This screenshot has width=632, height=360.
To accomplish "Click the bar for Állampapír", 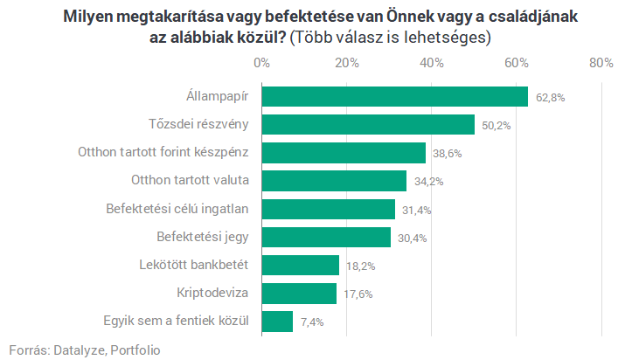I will (394, 96).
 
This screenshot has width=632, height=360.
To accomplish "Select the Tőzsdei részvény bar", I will (368, 124).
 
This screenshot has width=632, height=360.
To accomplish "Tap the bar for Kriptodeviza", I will (299, 293).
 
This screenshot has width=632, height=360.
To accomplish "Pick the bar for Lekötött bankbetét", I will (300, 265).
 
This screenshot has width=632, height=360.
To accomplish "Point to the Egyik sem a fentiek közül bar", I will (277, 322).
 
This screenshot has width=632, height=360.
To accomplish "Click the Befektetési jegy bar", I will (326, 237).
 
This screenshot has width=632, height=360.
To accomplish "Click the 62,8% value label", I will (551, 98).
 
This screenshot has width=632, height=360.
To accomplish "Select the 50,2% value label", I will (497, 126).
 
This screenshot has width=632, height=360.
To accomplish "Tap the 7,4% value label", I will (312, 322).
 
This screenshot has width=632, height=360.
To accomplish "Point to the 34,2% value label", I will (428, 182).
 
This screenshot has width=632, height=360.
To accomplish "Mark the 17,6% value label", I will (358, 294).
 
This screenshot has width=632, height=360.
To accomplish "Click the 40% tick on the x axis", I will (432, 63).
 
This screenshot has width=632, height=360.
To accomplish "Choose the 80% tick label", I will (601, 63).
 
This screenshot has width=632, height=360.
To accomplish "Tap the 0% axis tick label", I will (261, 63).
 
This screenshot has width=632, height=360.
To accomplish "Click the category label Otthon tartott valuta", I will (191, 180).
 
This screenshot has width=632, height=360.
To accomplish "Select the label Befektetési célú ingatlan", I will (177, 209).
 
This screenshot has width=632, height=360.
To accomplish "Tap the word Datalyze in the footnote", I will (80, 350).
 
